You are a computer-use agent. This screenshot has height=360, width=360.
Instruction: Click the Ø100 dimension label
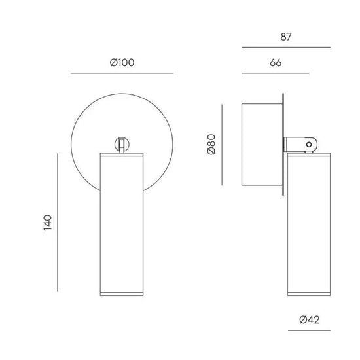click(122, 63)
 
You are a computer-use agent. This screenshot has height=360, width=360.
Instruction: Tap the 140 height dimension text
click(48, 223)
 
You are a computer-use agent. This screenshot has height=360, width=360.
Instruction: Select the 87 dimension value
click(286, 37)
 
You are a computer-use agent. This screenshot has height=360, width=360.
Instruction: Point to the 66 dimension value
click(276, 63)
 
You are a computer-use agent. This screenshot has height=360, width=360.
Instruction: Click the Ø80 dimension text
click(211, 145)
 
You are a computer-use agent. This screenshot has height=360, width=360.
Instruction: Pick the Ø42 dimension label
click(309, 320)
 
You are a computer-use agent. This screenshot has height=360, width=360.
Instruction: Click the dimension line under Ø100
click(122, 73)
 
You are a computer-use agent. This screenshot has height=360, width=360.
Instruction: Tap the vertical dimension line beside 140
click(58, 223)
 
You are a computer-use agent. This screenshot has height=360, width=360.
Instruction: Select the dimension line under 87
click(286, 48)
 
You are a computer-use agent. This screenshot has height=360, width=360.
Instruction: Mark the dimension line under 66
click(276, 73)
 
